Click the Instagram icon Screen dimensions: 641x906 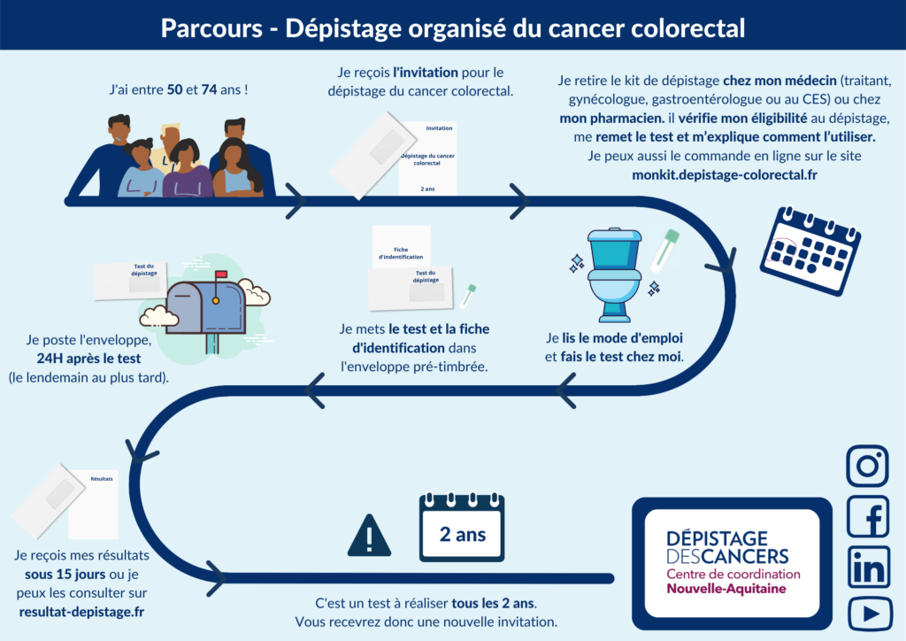(867, 466)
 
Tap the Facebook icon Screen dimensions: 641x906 (867, 516)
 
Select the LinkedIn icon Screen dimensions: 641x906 (867, 567)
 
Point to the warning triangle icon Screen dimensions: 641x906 (369, 535)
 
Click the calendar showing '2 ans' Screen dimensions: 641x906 (461, 529)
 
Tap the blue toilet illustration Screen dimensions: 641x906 (614, 274)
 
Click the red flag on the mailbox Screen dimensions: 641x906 (220, 274)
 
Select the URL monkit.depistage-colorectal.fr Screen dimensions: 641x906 (725, 174)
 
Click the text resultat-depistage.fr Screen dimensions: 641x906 (81, 611)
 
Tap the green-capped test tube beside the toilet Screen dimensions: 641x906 (665, 249)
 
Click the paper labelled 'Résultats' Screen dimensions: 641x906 (94, 502)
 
